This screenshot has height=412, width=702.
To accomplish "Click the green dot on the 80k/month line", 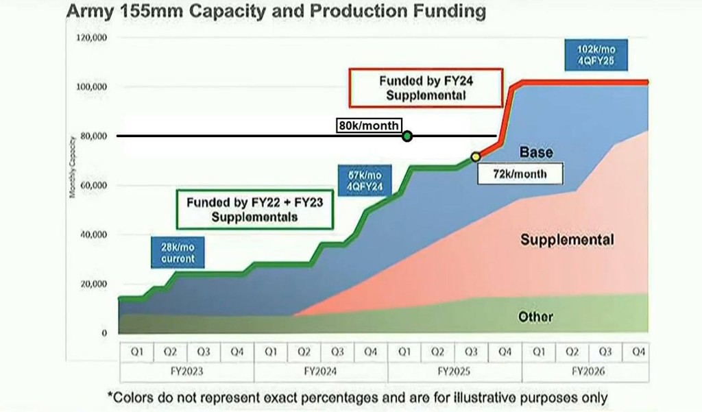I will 407,136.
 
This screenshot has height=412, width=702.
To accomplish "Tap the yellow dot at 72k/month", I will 476,157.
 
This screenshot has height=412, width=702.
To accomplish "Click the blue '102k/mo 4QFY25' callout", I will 592,55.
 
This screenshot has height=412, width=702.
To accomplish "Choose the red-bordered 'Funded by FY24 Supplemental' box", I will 426,88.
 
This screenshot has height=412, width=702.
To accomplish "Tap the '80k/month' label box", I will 369,125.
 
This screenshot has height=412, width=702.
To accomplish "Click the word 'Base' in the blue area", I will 536,152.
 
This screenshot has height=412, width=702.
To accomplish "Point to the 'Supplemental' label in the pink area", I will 567,240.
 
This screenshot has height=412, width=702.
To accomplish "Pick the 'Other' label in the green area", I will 535,317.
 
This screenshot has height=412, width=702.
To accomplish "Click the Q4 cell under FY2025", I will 505,352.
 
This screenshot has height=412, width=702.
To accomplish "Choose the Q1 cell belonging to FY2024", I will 271,352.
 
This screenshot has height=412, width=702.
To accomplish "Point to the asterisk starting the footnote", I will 110,396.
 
